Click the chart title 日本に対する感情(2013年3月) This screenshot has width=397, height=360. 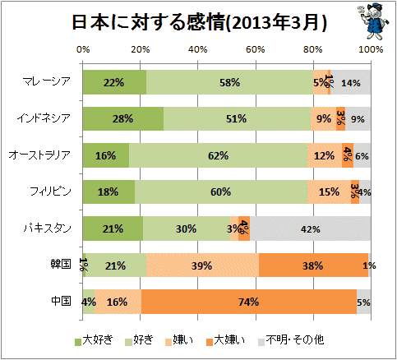pyautogui.click(x=199, y=22)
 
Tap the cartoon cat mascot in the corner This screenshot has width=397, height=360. pyautogui.click(x=374, y=22)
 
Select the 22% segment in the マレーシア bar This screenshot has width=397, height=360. pyautogui.click(x=114, y=82)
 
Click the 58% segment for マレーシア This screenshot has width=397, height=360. pyautogui.click(x=229, y=82)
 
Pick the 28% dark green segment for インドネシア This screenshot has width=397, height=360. pyautogui.click(x=123, y=118)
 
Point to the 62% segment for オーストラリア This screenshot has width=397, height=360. pyautogui.click(x=218, y=155)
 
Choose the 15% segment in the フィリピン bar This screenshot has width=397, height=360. pyautogui.click(x=329, y=192)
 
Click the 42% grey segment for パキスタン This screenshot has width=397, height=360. pyautogui.click(x=310, y=228)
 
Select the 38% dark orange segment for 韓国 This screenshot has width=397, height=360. pyautogui.click(x=313, y=265)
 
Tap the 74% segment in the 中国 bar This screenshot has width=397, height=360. pyautogui.click(x=249, y=302)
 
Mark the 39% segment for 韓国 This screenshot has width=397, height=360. pyautogui.click(x=202, y=265)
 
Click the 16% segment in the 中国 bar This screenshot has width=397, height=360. pyautogui.click(x=118, y=302)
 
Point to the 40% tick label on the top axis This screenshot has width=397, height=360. pyautogui.click(x=198, y=49)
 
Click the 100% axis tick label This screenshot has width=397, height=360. pyautogui.click(x=371, y=49)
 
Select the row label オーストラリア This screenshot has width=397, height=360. pyautogui.click(x=39, y=155)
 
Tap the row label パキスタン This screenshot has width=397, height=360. pyautogui.click(x=48, y=228)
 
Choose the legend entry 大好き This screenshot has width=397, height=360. pyautogui.click(x=94, y=340)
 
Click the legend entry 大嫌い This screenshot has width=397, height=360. pyautogui.click(x=225, y=340)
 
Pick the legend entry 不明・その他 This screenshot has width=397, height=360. pyautogui.click(x=291, y=340)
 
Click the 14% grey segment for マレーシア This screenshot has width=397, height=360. pyautogui.click(x=350, y=82)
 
